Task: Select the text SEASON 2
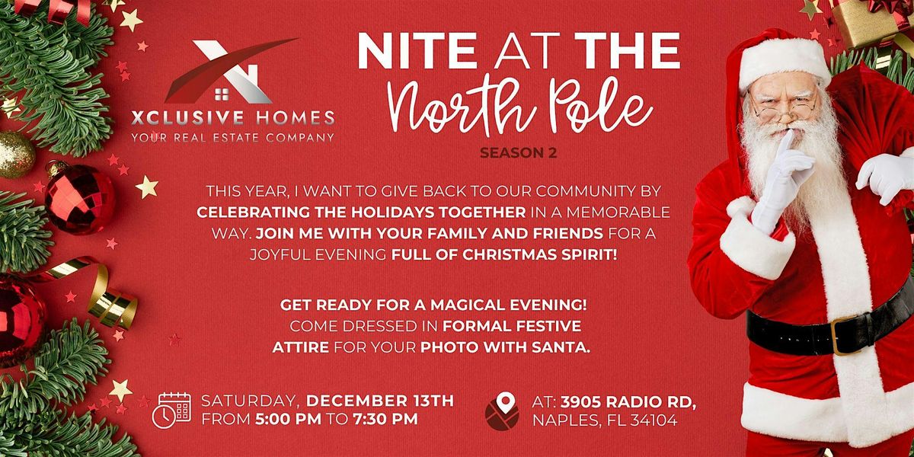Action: point(518,153)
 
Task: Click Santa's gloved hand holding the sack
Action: point(887,175)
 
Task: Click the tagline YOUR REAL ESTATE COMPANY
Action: point(232,137)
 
